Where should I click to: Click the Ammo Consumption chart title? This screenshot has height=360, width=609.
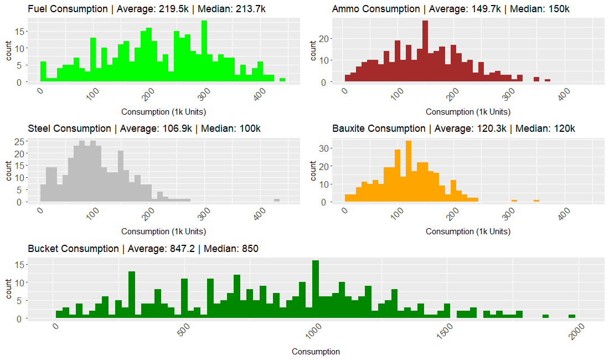(451, 9)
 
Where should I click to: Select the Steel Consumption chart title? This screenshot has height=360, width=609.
(144, 128)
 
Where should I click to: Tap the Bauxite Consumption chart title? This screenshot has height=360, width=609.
(454, 128)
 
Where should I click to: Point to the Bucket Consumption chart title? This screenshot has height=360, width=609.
(143, 249)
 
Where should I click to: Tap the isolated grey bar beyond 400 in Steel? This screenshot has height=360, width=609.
(277, 200)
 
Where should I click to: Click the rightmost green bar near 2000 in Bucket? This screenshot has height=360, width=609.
(572, 316)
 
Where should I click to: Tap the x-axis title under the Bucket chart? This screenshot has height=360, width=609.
(316, 352)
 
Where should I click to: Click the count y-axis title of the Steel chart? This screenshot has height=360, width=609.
(8, 171)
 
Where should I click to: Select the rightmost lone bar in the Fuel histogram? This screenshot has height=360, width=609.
(282, 80)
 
